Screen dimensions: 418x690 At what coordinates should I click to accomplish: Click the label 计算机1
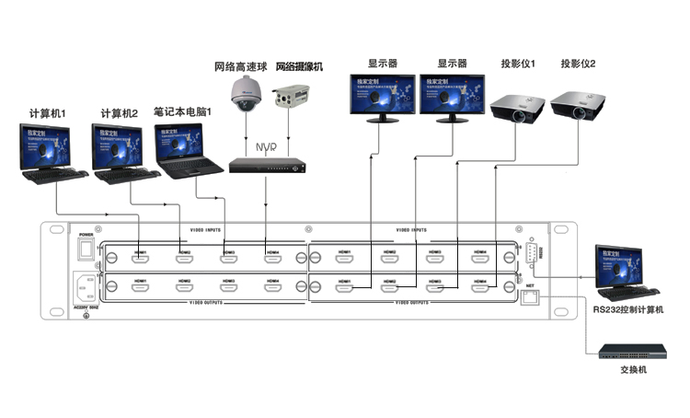pos(48,114)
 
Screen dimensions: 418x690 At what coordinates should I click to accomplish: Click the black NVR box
pos(266,166)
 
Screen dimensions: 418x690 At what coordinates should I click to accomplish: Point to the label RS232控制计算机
pos(629,310)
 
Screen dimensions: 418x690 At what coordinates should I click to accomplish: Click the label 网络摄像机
pos(300,67)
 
